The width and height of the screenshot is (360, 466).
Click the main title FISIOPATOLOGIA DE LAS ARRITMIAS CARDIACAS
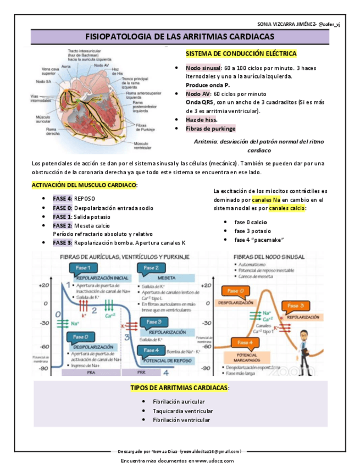point(180,36)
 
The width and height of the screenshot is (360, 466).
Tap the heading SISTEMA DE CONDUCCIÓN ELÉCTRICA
point(241,54)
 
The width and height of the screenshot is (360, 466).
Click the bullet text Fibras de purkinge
point(211,129)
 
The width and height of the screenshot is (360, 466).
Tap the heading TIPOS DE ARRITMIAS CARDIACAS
point(180,387)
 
